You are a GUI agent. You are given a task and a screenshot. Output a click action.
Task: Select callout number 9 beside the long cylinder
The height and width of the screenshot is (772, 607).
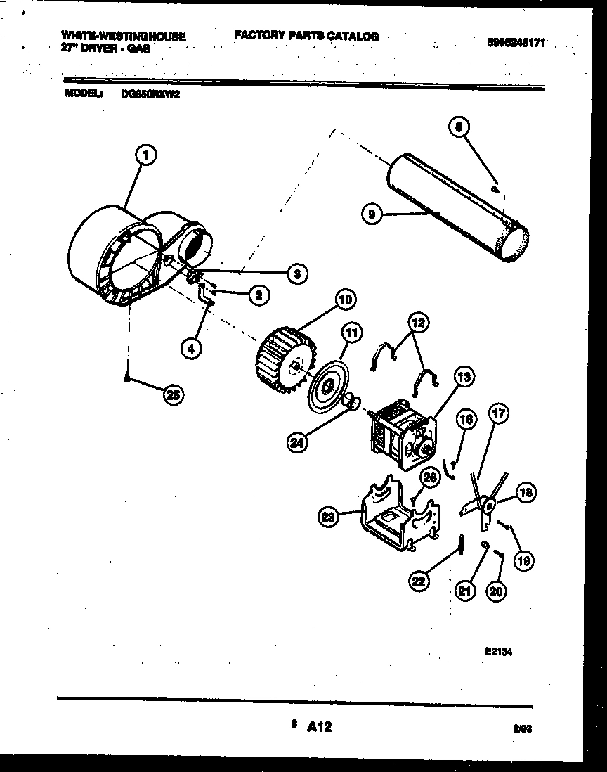click(x=372, y=214)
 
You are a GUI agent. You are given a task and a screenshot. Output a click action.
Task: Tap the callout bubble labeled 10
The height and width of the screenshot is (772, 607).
click(x=344, y=301)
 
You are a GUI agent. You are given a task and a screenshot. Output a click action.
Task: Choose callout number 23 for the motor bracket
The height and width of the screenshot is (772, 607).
click(x=328, y=517)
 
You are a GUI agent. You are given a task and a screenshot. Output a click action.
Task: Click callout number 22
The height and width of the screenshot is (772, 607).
click(x=419, y=581)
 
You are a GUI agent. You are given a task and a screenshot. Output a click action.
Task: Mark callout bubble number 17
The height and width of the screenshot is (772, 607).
click(x=497, y=415)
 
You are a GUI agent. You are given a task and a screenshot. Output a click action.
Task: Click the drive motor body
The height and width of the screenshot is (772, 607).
click(x=399, y=437)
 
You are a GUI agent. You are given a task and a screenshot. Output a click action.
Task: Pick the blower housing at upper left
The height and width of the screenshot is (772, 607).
click(x=126, y=255)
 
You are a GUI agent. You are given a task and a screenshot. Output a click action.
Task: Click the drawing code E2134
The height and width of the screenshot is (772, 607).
click(x=497, y=651)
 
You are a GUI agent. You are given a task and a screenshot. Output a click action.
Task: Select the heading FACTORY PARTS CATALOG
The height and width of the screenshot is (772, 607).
click(x=306, y=37)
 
